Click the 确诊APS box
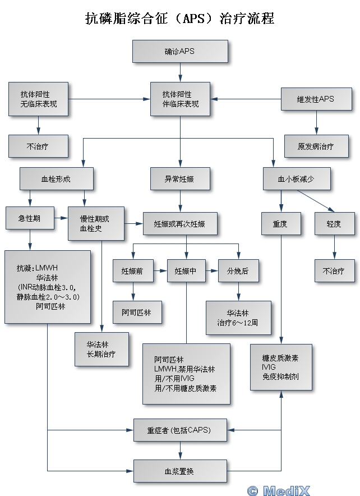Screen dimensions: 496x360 (x=180, y=51)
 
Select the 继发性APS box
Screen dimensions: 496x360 (x=316, y=99)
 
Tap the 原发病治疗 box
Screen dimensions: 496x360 (x=316, y=146)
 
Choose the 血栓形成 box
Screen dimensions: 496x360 (x=56, y=179)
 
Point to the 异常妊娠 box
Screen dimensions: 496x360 (x=180, y=179)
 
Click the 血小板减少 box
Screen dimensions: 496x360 (x=297, y=179)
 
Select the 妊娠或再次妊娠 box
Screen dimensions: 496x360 (x=179, y=223)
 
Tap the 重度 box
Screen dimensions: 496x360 (x=280, y=223)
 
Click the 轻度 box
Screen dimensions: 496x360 (x=334, y=223)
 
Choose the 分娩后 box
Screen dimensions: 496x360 (x=238, y=271)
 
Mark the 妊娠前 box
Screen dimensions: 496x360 (x=132, y=271)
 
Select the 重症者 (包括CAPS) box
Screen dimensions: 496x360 (x=180, y=431)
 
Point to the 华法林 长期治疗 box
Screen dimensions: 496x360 (x=101, y=349)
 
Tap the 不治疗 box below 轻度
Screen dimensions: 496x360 (x=334, y=271)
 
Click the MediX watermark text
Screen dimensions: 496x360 (x=286, y=490)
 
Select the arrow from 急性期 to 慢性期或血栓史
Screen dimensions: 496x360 (x=61, y=218)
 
